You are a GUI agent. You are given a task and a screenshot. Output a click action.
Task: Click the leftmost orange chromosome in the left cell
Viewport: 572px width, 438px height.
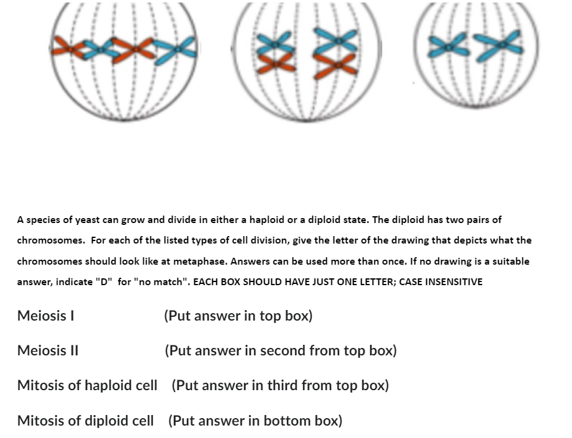click(x=69, y=48)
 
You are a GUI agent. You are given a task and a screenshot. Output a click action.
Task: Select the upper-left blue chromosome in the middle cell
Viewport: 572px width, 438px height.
click(x=275, y=43)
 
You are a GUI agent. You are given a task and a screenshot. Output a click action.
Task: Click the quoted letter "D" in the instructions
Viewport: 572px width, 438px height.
click(x=104, y=281)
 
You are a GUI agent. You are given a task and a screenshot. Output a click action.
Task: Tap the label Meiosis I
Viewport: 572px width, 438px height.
click(x=45, y=316)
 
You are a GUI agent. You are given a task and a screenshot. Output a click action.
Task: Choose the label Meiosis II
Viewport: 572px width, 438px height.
click(x=48, y=350)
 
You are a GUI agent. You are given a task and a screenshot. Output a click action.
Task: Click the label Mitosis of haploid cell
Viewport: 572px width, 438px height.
click(x=87, y=385)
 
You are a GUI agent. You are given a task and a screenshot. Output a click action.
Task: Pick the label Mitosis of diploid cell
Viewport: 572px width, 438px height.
click(x=85, y=421)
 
